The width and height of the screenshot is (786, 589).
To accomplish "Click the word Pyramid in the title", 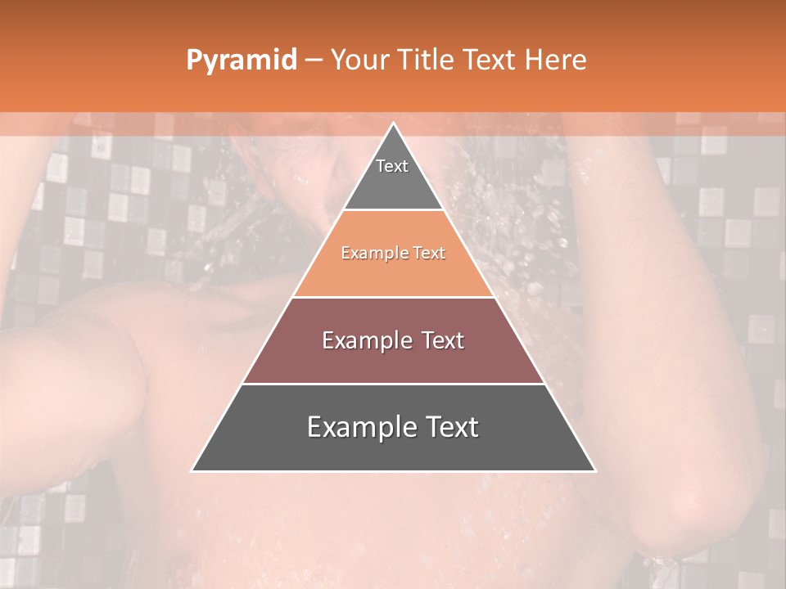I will coord(242,61).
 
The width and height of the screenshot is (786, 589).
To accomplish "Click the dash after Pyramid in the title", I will coord(313,61).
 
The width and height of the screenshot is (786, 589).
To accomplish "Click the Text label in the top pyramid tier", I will coord(392,166).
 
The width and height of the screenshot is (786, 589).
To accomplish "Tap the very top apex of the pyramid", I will coord(394,124).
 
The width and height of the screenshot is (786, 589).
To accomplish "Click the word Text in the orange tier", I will coord(429,254).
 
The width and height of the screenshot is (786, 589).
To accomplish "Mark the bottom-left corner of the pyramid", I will coord(192,470).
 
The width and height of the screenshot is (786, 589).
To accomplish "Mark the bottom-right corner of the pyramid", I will coord(594,470).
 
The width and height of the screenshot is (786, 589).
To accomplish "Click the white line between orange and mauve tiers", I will coord(394,297).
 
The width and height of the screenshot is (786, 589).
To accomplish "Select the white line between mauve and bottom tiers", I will coord(394,384).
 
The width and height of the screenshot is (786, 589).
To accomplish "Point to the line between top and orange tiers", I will coord(394,210).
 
